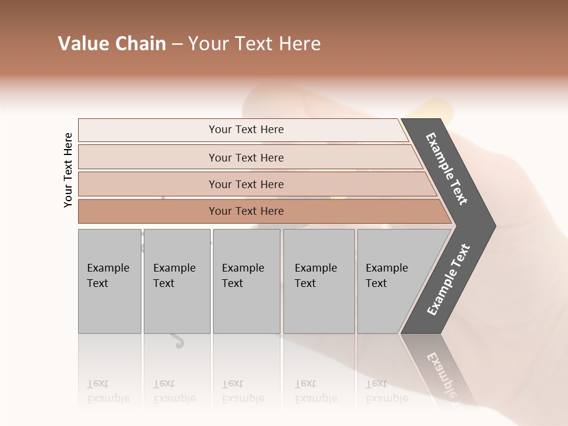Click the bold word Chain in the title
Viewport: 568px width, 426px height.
click(x=140, y=44)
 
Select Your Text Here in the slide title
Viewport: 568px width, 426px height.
click(x=254, y=44)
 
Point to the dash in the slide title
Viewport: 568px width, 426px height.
click(x=177, y=44)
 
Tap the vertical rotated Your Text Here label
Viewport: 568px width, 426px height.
click(x=68, y=170)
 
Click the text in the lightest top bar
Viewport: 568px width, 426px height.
click(x=246, y=130)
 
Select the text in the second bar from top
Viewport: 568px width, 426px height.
click(x=246, y=157)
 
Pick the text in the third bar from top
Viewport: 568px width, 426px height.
click(x=246, y=184)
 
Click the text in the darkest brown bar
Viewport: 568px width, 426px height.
click(x=246, y=211)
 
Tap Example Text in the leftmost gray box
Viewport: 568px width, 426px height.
click(x=108, y=275)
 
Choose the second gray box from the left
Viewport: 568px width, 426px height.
click(x=177, y=281)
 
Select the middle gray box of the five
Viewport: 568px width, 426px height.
click(x=246, y=281)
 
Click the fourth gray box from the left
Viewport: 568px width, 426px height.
click(x=319, y=281)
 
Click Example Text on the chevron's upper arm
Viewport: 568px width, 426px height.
click(x=447, y=169)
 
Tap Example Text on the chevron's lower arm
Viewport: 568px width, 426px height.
click(x=448, y=279)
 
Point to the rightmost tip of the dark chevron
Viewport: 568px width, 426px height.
click(x=494, y=226)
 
